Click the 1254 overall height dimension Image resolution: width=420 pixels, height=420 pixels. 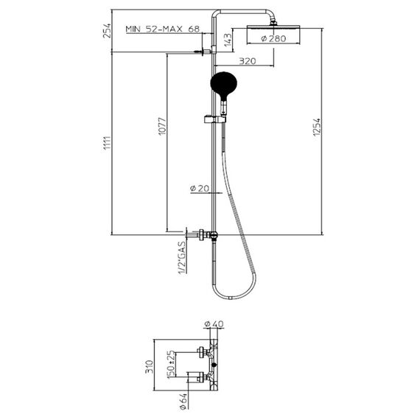click(317, 127)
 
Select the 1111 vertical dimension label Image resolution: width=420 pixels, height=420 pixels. click(107, 144)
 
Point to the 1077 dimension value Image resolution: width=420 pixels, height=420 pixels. click(162, 126)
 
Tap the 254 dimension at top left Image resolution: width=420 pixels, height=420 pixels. click(107, 30)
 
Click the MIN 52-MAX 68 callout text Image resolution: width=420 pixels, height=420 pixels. click(163, 29)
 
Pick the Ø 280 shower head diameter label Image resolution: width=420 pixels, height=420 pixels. click(273, 38)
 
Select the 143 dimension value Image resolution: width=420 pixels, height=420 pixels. click(228, 40)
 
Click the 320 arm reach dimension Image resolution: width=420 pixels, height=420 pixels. click(248, 61)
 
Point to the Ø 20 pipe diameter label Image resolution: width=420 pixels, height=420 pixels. click(199, 189)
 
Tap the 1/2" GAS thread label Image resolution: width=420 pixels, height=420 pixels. click(182, 258)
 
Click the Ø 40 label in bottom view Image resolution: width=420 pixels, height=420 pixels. click(214, 323)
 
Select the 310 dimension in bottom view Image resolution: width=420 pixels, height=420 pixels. click(149, 367)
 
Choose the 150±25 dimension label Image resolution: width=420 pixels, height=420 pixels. click(171, 365)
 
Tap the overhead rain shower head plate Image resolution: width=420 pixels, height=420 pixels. click(273, 27)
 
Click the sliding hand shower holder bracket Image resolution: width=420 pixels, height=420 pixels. click(215, 119)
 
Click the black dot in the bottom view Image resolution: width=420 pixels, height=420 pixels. click(214, 365)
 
